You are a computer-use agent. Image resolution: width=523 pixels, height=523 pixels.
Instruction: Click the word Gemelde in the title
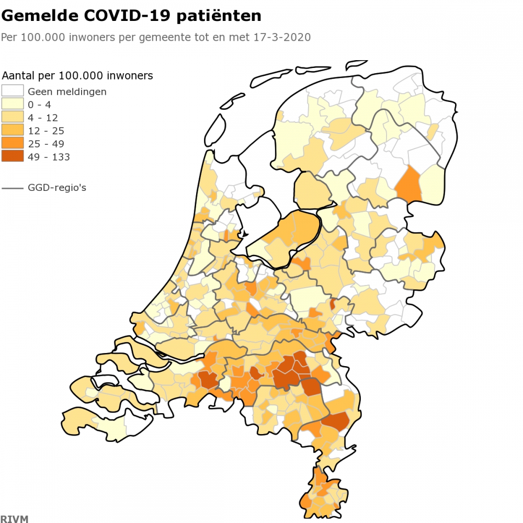click(40, 16)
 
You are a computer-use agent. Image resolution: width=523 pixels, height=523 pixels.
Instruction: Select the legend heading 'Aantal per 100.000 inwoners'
click(77, 76)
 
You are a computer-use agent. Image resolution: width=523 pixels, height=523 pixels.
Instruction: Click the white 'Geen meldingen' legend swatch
click(13, 91)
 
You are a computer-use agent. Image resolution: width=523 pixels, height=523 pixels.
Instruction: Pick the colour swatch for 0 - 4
click(13, 104)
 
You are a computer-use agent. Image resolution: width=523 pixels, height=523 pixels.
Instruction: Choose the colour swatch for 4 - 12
click(13, 117)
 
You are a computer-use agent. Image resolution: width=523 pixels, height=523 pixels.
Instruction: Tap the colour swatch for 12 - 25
click(13, 130)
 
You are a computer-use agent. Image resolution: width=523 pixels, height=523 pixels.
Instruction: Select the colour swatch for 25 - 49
click(13, 143)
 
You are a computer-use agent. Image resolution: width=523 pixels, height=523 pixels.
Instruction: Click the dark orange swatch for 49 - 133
click(13, 156)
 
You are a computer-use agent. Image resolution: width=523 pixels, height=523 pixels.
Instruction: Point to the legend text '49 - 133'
click(49, 157)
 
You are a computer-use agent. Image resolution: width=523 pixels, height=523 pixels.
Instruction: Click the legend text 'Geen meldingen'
click(67, 92)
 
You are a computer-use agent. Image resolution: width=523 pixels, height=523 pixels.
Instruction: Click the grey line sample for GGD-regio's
click(13, 187)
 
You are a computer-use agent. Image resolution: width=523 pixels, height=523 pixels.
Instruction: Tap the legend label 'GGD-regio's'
click(57, 187)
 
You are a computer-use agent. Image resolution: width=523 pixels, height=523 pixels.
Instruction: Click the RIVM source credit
click(14, 519)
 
